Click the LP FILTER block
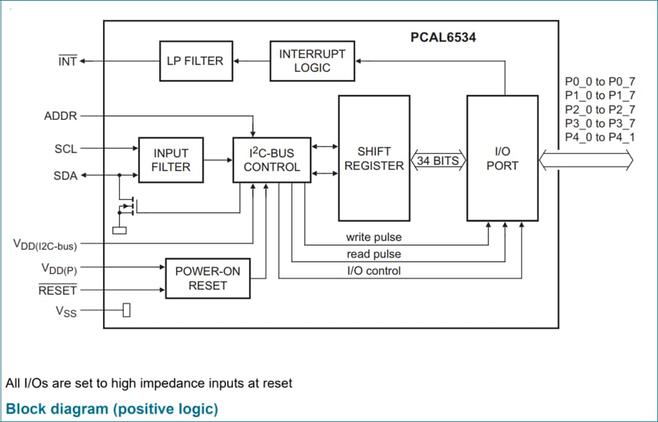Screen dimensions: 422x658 click(x=196, y=61)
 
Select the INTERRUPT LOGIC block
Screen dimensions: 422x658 click(x=312, y=61)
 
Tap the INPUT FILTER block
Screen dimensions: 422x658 click(x=171, y=160)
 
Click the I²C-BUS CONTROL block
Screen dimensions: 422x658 click(x=272, y=160)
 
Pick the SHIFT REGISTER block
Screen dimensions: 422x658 click(x=374, y=158)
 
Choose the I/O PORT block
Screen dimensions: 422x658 click(x=502, y=158)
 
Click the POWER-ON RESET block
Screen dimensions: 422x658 click(x=208, y=278)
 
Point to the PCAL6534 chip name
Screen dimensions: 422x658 click(x=443, y=38)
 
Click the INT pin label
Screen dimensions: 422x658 click(x=67, y=61)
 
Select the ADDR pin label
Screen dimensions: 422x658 click(x=61, y=116)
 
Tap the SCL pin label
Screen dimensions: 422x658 click(x=66, y=149)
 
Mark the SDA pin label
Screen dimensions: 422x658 click(x=66, y=176)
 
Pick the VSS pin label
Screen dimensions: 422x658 click(x=66, y=311)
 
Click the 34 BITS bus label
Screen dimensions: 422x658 click(x=438, y=161)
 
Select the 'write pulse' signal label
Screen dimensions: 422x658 click(x=373, y=237)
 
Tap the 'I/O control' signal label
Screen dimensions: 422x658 click(x=373, y=271)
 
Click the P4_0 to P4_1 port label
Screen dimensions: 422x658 click(x=600, y=137)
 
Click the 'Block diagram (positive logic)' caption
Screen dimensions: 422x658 click(x=112, y=408)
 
